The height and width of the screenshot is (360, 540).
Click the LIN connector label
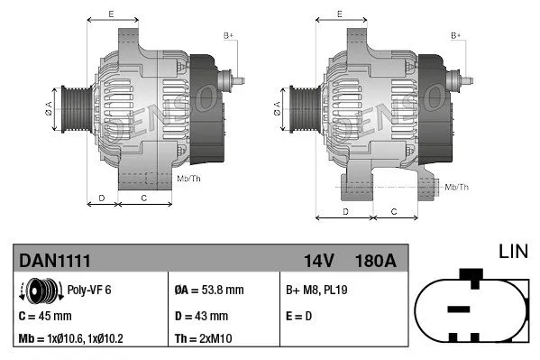[515, 249]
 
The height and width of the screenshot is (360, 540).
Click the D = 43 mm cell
[200, 316]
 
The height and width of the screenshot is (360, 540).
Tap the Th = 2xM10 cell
[205, 340]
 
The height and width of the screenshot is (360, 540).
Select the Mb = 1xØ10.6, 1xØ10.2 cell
[72, 340]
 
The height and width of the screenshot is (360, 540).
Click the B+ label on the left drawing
[228, 35]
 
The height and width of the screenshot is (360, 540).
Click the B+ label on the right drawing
[456, 35]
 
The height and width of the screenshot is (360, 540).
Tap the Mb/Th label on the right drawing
[456, 187]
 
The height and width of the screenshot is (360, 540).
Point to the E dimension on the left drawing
[110, 14]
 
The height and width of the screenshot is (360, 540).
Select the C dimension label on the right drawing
[393, 210]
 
